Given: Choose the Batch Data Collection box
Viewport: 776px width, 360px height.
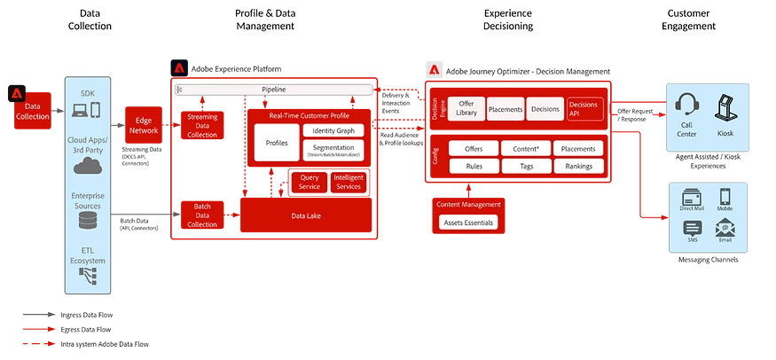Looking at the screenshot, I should (x=202, y=215).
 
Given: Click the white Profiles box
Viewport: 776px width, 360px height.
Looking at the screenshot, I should (x=277, y=143).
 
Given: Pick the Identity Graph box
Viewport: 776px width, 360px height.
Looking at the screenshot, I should (x=333, y=130).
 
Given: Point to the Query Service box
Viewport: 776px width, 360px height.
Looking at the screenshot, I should (x=310, y=183).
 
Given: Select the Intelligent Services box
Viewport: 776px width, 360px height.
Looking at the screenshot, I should (x=348, y=183).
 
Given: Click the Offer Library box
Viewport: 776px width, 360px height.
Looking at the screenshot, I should (x=466, y=108).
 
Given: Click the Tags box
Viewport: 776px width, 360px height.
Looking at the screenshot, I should (x=527, y=166).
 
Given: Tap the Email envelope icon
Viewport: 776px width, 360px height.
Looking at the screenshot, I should (x=726, y=227).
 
